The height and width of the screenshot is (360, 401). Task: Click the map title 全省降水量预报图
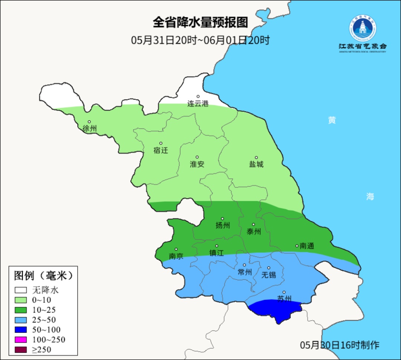[200, 23]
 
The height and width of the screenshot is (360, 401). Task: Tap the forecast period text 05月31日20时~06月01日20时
[200, 40]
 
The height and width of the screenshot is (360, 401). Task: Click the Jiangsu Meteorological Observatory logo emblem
[362, 29]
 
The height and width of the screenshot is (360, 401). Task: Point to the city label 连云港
[198, 104]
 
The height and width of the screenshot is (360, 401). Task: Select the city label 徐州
[90, 129]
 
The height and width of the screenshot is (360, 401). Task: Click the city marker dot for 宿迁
[161, 143]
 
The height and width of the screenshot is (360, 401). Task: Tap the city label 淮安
[197, 164]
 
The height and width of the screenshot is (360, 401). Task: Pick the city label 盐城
[256, 164]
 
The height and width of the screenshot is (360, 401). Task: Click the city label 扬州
[223, 225]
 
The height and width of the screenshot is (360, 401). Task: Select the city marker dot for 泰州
[254, 224]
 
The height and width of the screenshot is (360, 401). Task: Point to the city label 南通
[307, 246]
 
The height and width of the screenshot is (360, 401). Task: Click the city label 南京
[176, 256]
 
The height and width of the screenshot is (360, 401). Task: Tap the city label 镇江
[216, 253]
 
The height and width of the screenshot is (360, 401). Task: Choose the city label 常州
[245, 272]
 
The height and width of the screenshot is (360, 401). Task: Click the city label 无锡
[269, 275]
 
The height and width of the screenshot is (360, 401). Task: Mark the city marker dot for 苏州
[284, 292]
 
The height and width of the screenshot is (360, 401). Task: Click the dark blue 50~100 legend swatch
[21, 330]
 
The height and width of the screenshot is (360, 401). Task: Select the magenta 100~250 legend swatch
[21, 340]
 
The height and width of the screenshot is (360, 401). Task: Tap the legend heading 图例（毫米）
[43, 276]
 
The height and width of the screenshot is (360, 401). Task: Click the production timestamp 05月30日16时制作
[339, 345]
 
